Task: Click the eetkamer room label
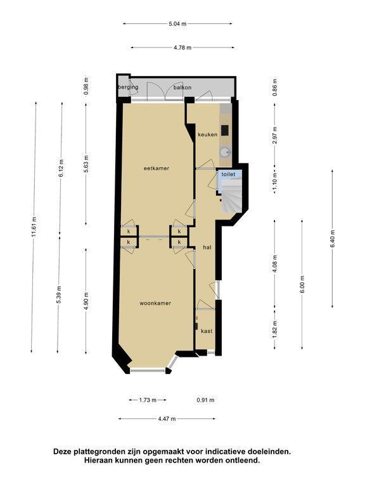(157, 168)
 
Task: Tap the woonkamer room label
(155, 303)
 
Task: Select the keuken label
(208, 135)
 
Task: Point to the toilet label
(228, 175)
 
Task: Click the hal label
(207, 247)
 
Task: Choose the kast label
(207, 331)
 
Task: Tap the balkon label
(182, 87)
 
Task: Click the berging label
(128, 87)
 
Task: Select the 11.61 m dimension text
(34, 227)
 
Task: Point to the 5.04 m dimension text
(177, 23)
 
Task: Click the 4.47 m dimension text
(167, 419)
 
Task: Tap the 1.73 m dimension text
(148, 400)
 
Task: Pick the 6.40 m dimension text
(333, 239)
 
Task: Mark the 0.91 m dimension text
(205, 400)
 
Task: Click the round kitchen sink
(224, 152)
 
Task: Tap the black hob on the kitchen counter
(225, 130)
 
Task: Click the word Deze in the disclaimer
(62, 451)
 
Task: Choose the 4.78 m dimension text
(182, 47)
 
